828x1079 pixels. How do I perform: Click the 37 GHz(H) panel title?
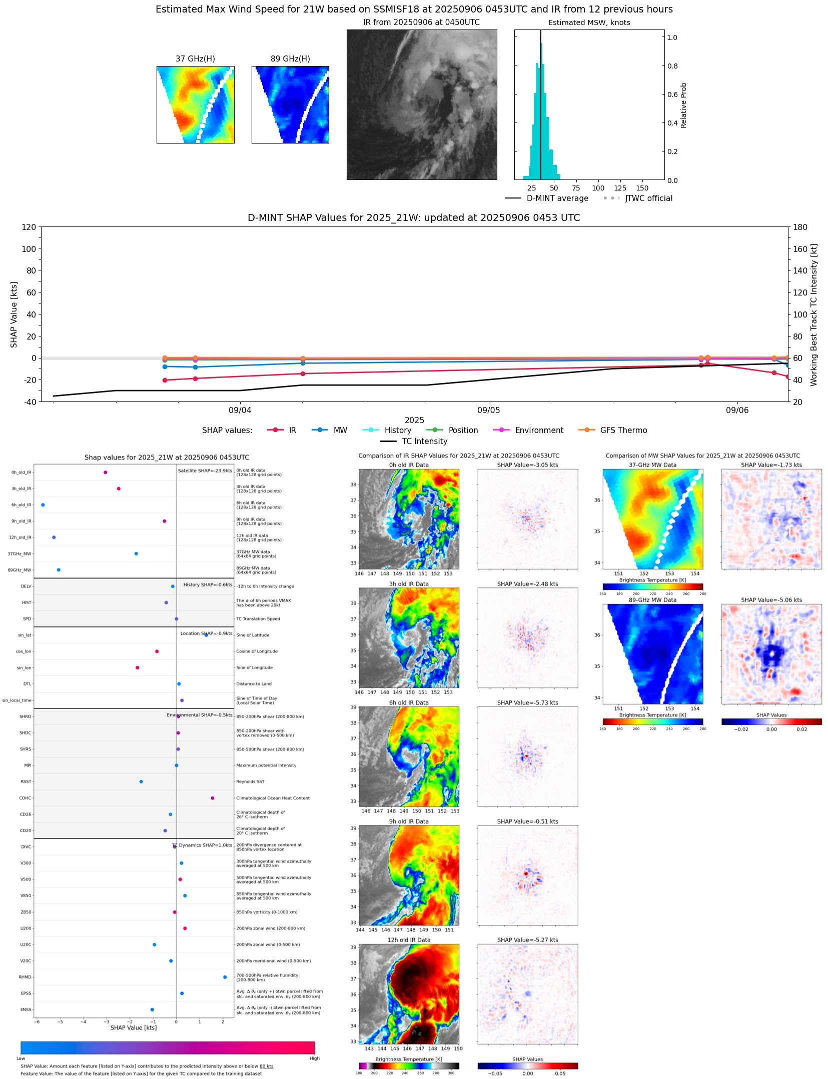(x=195, y=59)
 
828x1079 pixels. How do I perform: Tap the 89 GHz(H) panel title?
(x=290, y=59)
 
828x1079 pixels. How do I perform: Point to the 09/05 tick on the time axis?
(x=488, y=410)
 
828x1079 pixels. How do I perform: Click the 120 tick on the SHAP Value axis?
(x=29, y=227)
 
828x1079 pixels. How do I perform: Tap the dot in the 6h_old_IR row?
(x=43, y=505)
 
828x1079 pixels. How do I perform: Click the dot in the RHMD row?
(x=225, y=977)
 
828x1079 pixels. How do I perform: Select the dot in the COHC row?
(x=213, y=798)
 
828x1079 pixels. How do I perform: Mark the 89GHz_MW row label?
(x=20, y=570)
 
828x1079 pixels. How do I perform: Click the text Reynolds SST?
(x=250, y=781)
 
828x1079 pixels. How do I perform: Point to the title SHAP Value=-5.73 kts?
(x=527, y=703)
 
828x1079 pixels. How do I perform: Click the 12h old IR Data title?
(x=409, y=940)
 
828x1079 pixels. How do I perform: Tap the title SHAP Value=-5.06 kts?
(x=771, y=600)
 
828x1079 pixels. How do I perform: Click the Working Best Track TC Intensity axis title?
(x=814, y=314)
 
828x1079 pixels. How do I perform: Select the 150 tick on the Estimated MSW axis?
(x=642, y=188)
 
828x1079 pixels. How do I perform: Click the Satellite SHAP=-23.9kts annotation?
(x=205, y=471)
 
